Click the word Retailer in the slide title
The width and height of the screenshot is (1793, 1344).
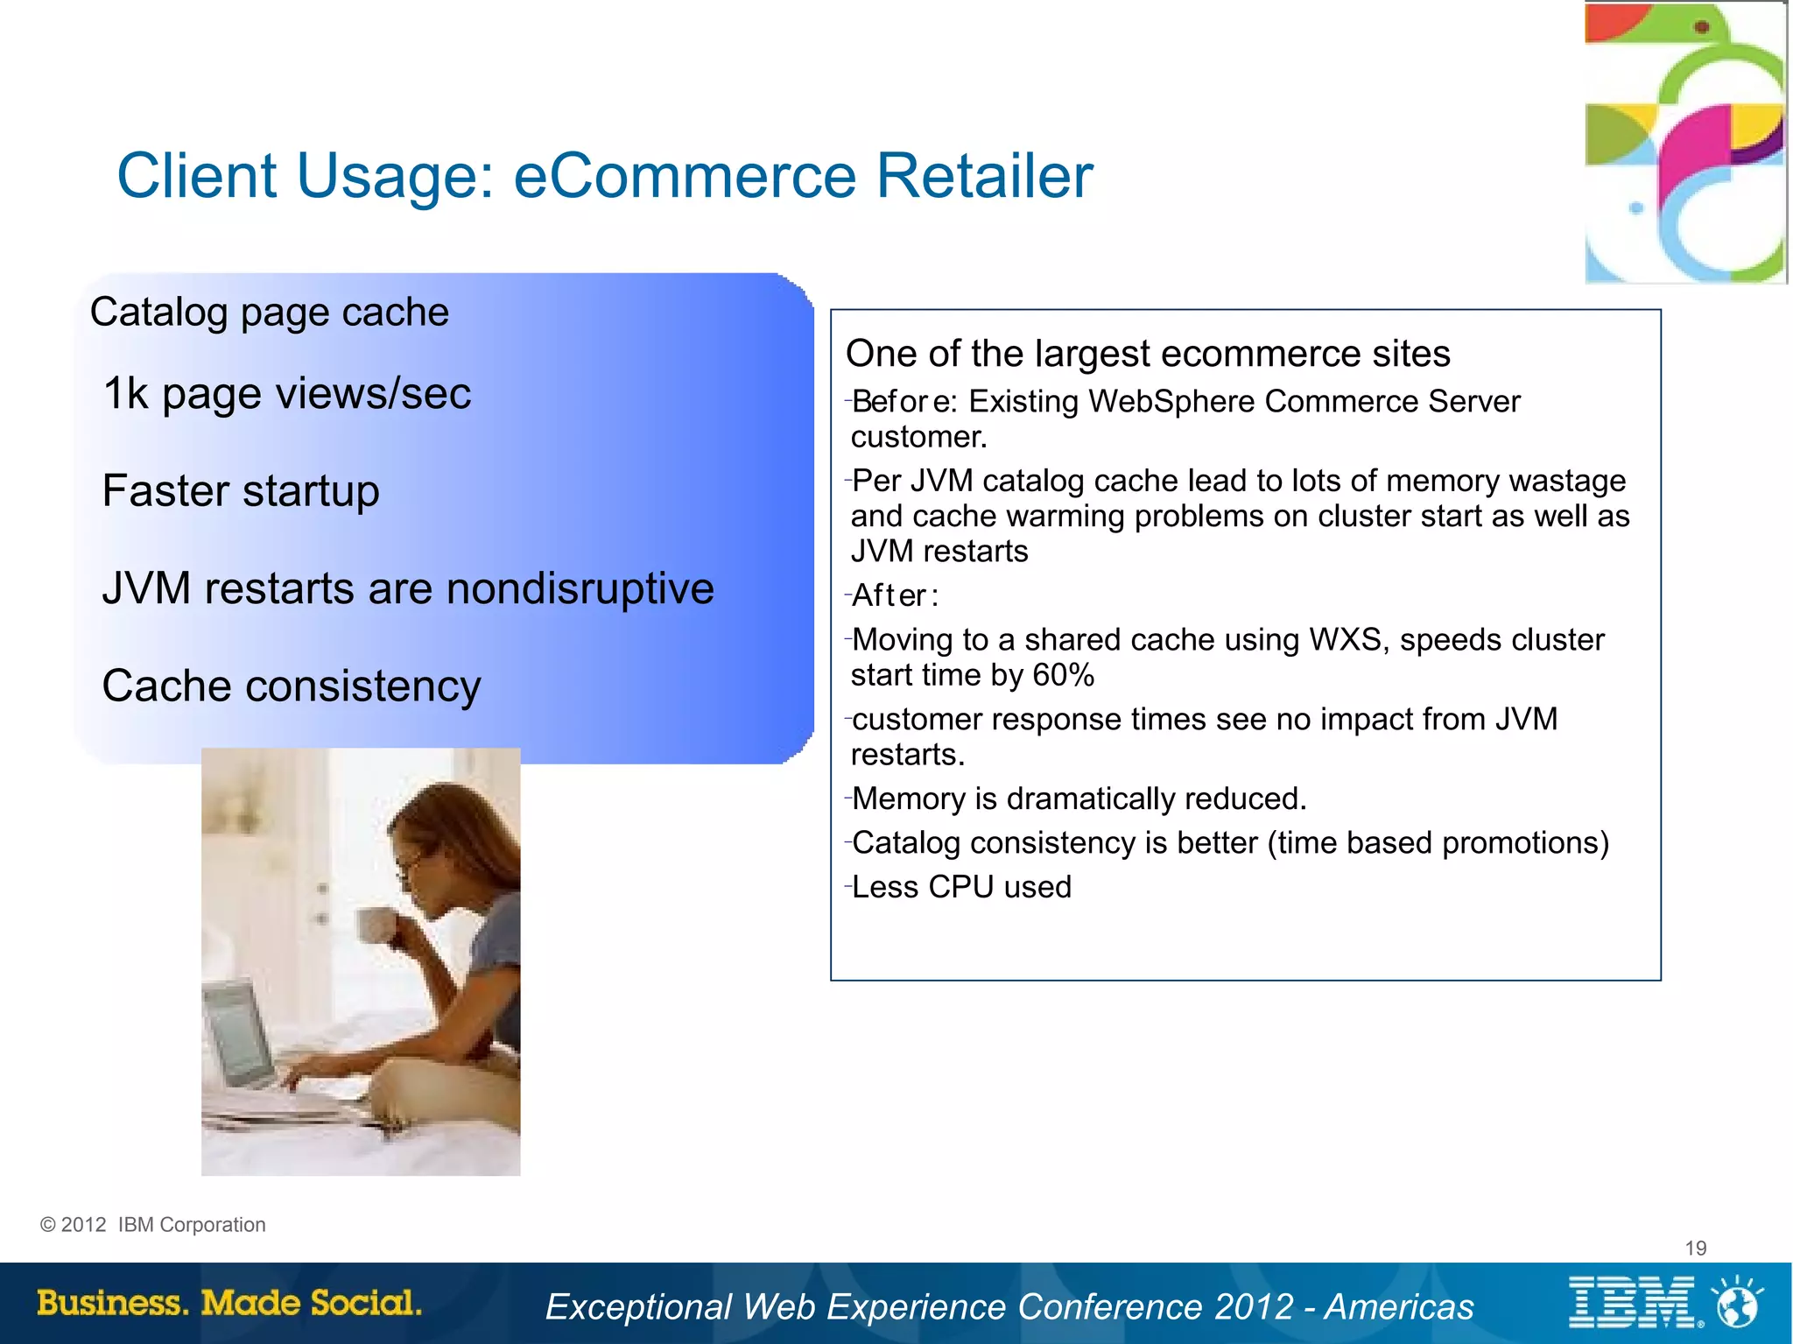point(984,176)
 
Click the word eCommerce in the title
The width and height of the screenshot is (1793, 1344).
point(684,176)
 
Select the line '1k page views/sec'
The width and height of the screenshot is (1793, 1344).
point(287,393)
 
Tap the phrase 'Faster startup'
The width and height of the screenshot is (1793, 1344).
point(241,490)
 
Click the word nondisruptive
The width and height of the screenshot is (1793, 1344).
point(580,588)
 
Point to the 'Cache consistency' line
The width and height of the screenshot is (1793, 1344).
point(292,686)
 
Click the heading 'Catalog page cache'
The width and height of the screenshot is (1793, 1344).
point(270,313)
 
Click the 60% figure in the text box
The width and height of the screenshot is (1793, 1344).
point(1063,675)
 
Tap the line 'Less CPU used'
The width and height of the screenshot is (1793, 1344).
point(960,887)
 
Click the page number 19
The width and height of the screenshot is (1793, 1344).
point(1696,1248)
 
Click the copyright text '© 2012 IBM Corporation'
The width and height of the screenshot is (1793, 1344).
point(153,1225)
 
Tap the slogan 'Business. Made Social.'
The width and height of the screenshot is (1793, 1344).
point(229,1303)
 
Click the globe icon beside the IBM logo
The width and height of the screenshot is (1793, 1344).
point(1737,1303)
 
